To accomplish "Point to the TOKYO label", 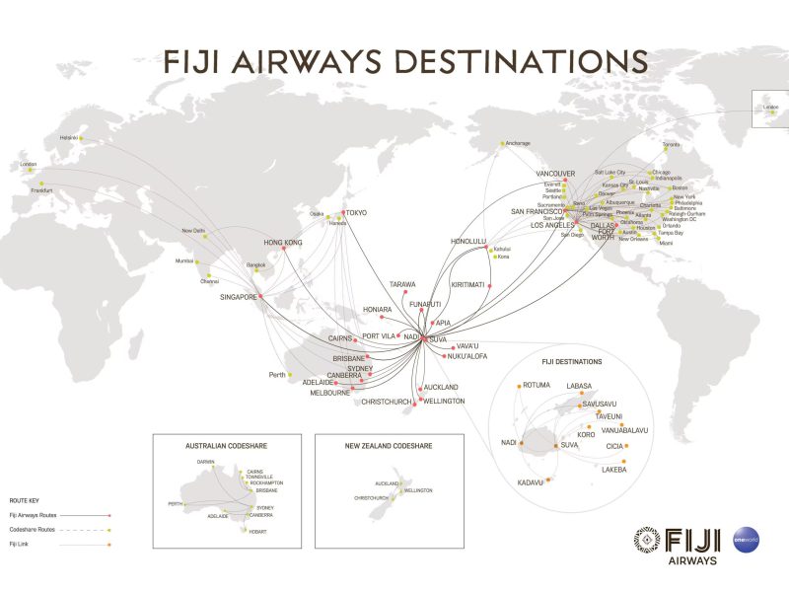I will [x=355, y=213].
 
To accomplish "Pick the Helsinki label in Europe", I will [x=69, y=137].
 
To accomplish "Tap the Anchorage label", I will [x=518, y=143].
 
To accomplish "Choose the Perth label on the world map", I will [x=277, y=375].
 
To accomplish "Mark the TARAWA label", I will [x=402, y=284].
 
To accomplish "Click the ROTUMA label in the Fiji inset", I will [x=537, y=385].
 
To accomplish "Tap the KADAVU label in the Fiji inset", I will [x=531, y=482].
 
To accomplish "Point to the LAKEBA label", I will [x=613, y=470].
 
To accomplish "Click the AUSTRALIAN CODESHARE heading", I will [x=226, y=446].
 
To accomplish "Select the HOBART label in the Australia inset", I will [x=257, y=532].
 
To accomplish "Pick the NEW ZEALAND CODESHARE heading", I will [x=389, y=446].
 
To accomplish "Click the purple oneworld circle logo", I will [x=747, y=540].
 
